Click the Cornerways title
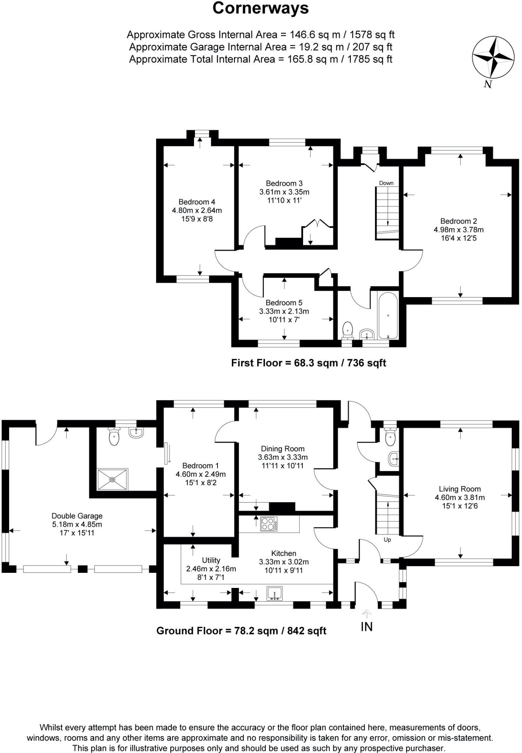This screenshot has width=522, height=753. (x=260, y=8)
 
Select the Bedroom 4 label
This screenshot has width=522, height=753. (x=197, y=202)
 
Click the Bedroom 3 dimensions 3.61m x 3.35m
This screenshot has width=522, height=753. (x=284, y=192)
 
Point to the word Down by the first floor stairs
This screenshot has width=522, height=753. (x=386, y=183)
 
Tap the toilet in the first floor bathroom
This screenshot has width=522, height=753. (x=347, y=330)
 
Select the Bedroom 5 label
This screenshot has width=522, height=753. (x=284, y=303)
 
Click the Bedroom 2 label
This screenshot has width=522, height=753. (x=458, y=221)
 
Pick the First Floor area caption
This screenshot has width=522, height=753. (x=308, y=363)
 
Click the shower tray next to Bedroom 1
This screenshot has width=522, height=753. (x=113, y=479)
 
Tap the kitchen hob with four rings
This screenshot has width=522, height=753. (x=269, y=524)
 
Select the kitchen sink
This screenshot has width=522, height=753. (x=275, y=594)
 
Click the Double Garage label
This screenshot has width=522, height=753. (x=77, y=516)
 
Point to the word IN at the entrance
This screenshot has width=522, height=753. (x=367, y=627)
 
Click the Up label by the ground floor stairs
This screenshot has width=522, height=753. (x=387, y=540)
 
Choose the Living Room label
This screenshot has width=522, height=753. (x=460, y=489)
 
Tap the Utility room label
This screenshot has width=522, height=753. (x=211, y=560)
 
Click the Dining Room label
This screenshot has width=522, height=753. (x=282, y=449)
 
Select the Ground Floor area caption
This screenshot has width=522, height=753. (x=241, y=631)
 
